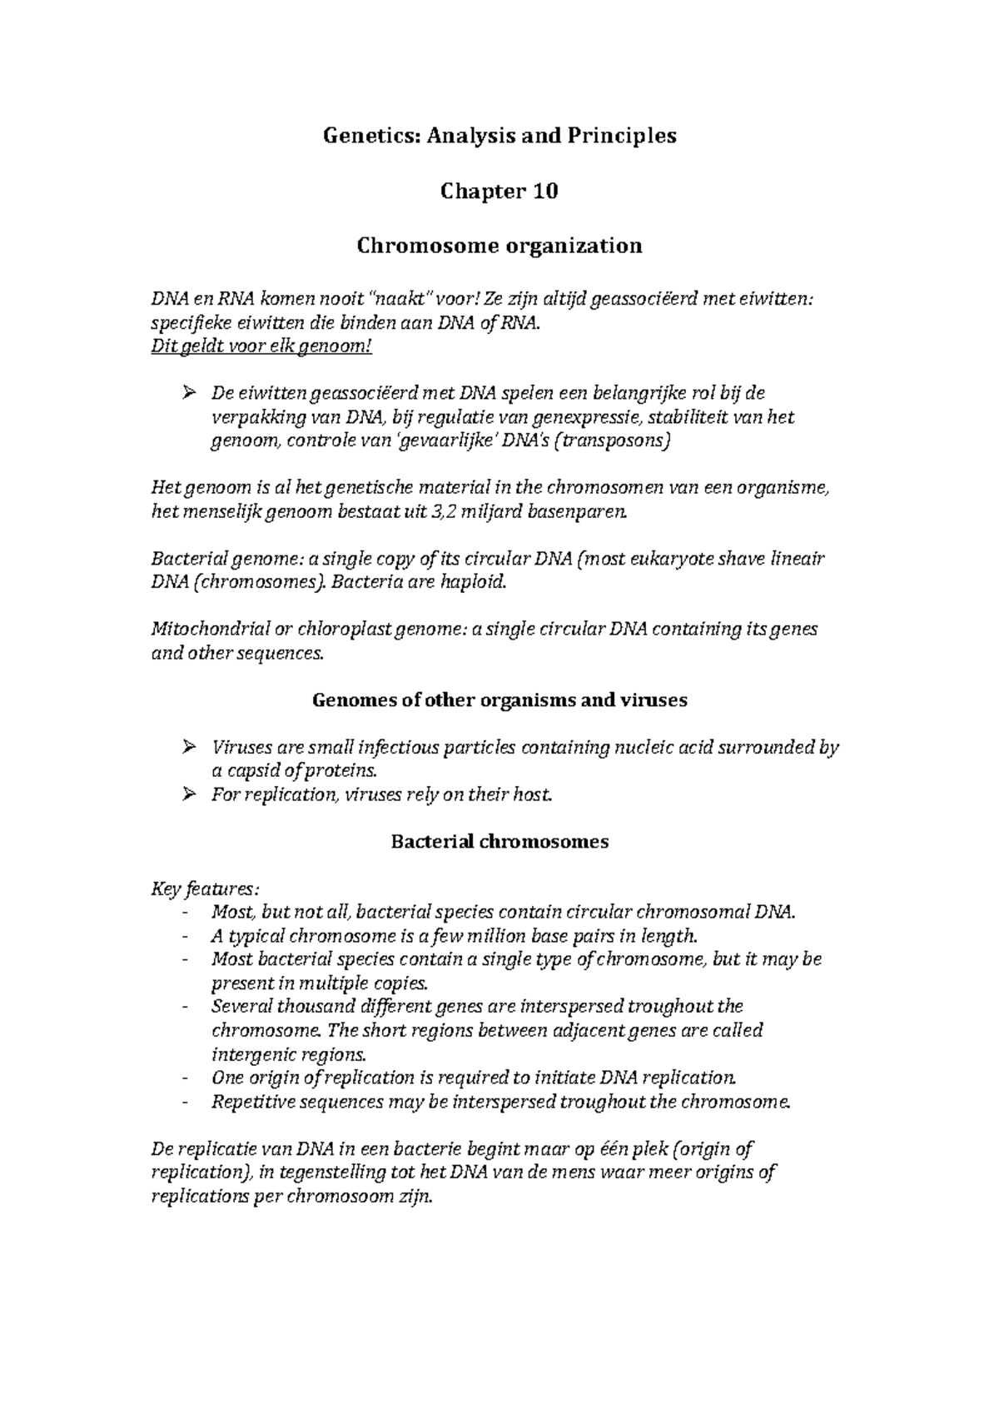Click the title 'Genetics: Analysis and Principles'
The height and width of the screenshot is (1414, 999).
tap(499, 136)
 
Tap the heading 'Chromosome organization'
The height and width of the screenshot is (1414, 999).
tap(499, 246)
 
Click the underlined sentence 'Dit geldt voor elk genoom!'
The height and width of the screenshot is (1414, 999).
tap(261, 346)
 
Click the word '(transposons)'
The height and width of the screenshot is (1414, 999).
tap(616, 441)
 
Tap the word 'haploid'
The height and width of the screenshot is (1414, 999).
tap(475, 582)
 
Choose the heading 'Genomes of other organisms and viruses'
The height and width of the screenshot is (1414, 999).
tap(499, 700)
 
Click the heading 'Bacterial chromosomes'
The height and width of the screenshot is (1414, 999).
tap(499, 842)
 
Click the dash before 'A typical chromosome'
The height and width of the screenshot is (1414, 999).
tap(183, 936)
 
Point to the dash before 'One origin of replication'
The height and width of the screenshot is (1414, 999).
tap(183, 1078)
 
